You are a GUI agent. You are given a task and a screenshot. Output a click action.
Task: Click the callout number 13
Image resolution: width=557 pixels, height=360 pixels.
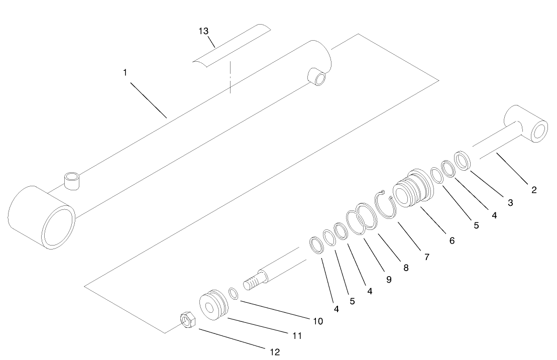coord(203,31)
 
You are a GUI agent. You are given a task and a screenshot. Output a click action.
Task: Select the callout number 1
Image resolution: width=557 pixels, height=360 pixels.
coord(125,72)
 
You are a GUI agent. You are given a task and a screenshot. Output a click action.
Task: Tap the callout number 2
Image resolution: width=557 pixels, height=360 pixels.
coord(534,190)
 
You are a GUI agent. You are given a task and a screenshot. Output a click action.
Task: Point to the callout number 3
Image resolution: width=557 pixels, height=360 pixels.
coord(510,203)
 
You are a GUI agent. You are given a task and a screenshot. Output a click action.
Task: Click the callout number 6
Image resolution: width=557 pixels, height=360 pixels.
coord(452,241)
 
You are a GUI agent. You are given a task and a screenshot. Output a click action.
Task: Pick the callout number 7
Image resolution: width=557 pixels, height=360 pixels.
coord(426,257)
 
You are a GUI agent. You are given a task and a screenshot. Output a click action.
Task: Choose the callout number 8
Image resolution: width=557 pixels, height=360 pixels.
coord(405,268)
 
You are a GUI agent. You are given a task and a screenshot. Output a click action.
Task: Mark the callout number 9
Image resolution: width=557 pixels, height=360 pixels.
coord(388,280)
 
